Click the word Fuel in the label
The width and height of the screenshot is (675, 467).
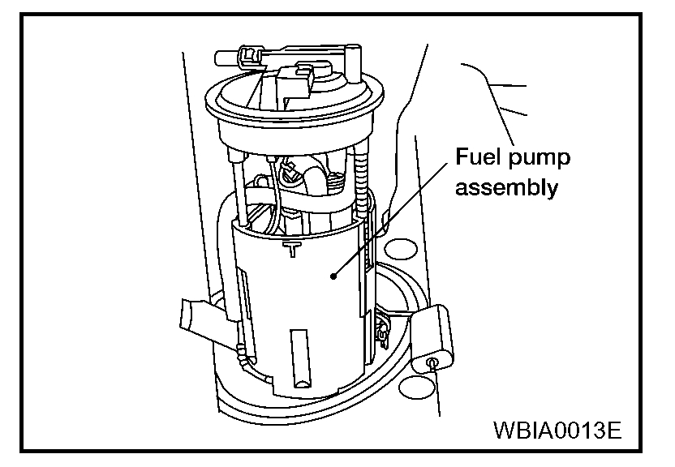pos(479,156)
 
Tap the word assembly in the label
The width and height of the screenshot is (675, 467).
pos(507,188)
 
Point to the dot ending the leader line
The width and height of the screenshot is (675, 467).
pos(333,276)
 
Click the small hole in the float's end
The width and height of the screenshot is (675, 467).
pos(432,362)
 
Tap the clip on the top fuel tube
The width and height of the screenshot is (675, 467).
pos(247,58)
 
